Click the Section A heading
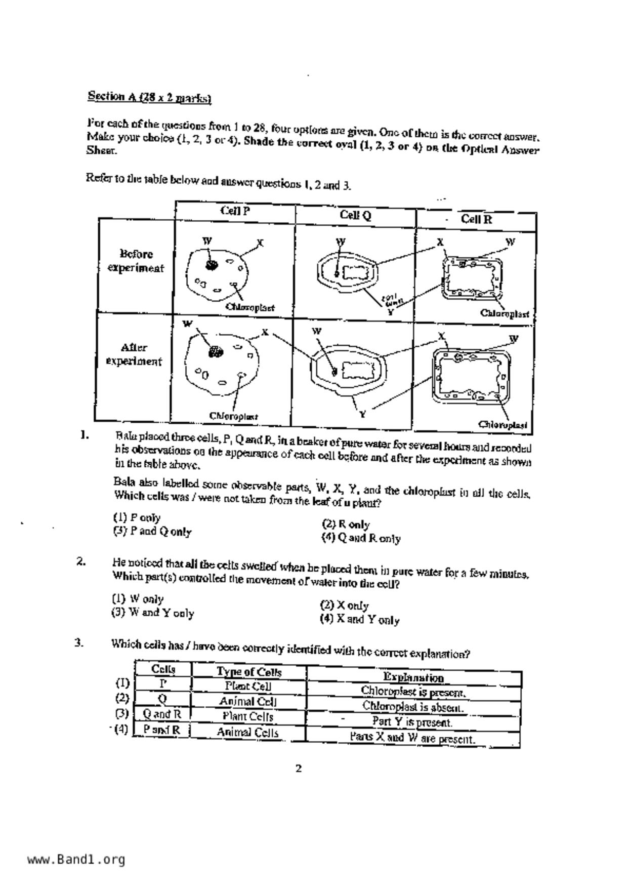(149, 97)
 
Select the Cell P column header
(235, 211)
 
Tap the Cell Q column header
(355, 215)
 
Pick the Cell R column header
(476, 219)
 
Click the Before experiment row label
(136, 261)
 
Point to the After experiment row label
(134, 354)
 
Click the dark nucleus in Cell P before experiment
(211, 265)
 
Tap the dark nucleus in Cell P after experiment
(217, 351)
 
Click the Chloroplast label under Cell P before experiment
(250, 307)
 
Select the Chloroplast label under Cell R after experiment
(503, 424)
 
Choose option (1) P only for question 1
(137, 517)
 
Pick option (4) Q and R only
(361, 538)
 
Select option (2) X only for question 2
(345, 606)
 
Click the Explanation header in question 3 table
(413, 677)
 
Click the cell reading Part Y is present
(412, 722)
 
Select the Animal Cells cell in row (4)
(247, 732)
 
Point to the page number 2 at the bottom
(299, 769)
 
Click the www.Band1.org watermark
(76, 859)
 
